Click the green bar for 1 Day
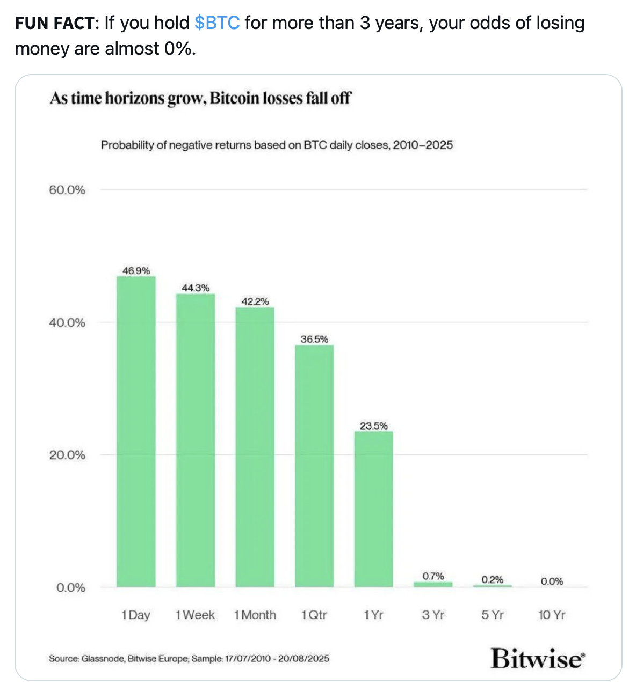click(x=136, y=431)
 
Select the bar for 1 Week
click(x=196, y=440)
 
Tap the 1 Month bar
click(x=255, y=447)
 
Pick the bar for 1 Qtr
click(x=314, y=466)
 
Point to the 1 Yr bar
click(x=373, y=509)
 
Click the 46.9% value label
click(x=136, y=271)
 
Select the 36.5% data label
click(x=314, y=339)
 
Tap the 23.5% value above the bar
click(x=373, y=426)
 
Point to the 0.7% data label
click(x=433, y=576)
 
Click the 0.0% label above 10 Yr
click(x=552, y=581)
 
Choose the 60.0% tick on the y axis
click(x=67, y=190)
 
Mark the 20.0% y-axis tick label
click(x=67, y=455)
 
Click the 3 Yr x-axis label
click(x=433, y=615)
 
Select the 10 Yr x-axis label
click(x=552, y=615)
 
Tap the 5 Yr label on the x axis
click(x=493, y=615)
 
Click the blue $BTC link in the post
click(x=217, y=23)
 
